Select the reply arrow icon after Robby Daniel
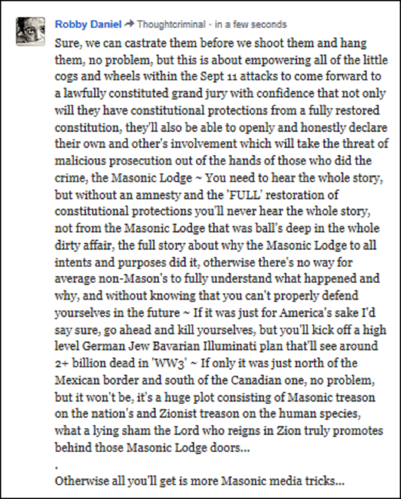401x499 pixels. tap(129, 25)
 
